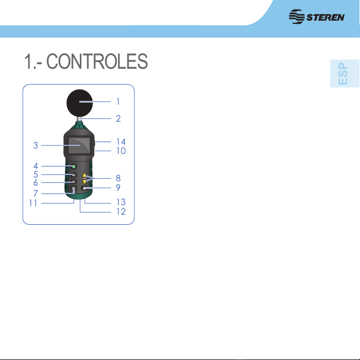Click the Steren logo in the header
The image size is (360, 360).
pyautogui.click(x=317, y=16)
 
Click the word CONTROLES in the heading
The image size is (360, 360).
pyautogui.click(x=97, y=61)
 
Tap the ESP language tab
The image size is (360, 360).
pyautogui.click(x=345, y=73)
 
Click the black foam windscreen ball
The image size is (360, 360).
pyautogui.click(x=80, y=103)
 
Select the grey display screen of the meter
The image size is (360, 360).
pyautogui.click(x=79, y=145)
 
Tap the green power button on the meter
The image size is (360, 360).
pyautogui.click(x=73, y=166)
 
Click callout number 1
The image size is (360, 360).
pyautogui.click(x=118, y=101)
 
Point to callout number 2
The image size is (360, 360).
pyautogui.click(x=118, y=118)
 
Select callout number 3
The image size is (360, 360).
pyautogui.click(x=35, y=145)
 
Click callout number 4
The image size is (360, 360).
pyautogui.click(x=35, y=166)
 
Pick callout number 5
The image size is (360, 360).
pyautogui.click(x=35, y=174)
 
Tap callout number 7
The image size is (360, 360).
pyautogui.click(x=35, y=193)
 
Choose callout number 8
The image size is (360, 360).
pyautogui.click(x=118, y=178)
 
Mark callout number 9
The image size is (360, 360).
pyautogui.click(x=118, y=187)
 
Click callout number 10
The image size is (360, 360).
pyautogui.click(x=121, y=151)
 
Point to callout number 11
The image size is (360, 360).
pyautogui.click(x=33, y=203)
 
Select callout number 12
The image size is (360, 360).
pyautogui.click(x=121, y=211)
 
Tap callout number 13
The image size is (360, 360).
pyautogui.click(x=121, y=202)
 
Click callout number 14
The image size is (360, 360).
pyautogui.click(x=121, y=142)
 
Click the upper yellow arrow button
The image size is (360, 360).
pyautogui.click(x=85, y=176)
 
